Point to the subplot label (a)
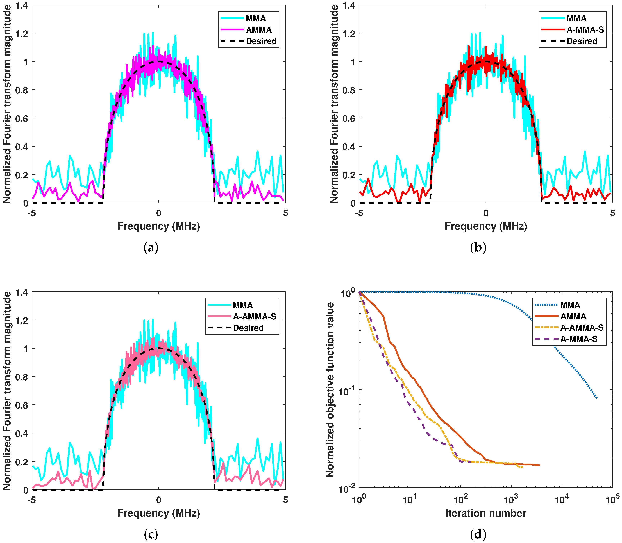tap(151, 248)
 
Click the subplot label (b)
tap(478, 248)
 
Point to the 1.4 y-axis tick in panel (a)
tap(22, 5)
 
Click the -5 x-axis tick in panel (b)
tap(359, 213)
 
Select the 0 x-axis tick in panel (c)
tap(159, 500)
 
